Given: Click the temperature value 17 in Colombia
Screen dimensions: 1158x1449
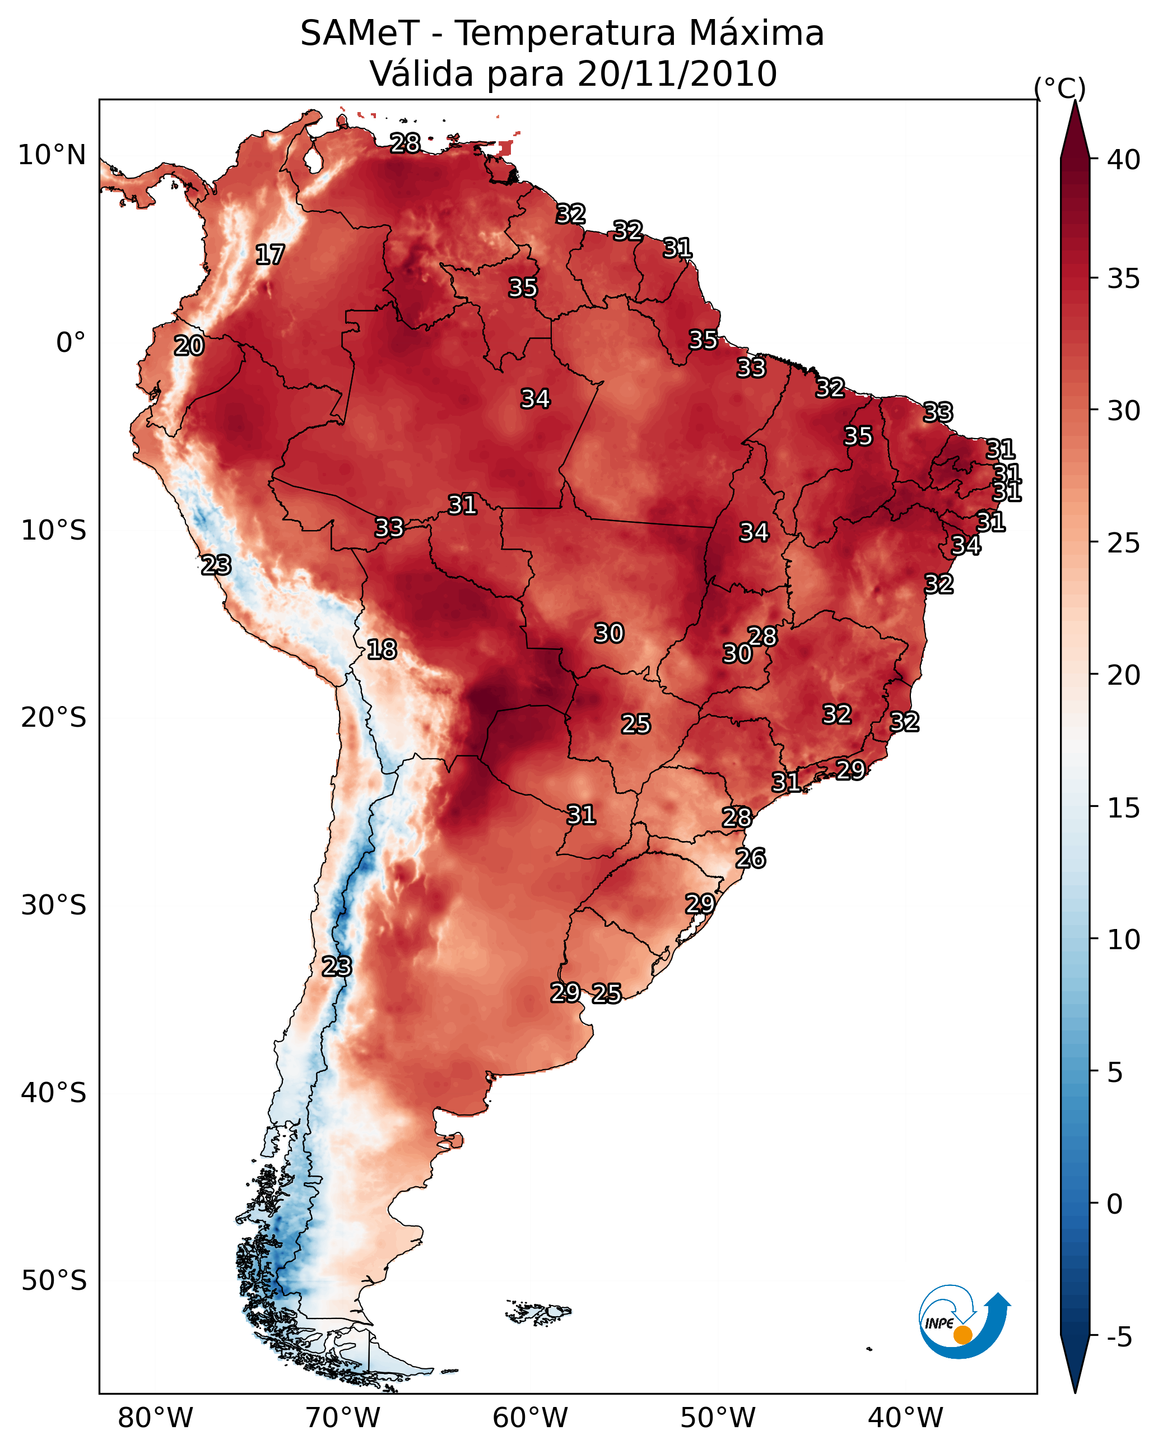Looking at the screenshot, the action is [x=270, y=255].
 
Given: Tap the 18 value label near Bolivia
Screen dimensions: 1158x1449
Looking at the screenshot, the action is [x=382, y=649].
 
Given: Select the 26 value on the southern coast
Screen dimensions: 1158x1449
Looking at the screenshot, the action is [x=750, y=858].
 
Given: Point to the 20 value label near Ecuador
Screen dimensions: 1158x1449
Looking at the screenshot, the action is [x=189, y=346].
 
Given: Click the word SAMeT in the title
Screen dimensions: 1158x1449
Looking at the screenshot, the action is [x=360, y=34].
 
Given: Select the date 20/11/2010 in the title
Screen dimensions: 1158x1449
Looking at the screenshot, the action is [x=677, y=74].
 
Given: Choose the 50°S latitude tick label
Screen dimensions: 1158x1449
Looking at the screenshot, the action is [x=54, y=1281].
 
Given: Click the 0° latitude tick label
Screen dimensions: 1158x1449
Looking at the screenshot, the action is [x=71, y=343].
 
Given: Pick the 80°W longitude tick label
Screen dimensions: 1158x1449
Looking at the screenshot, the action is [x=155, y=1418].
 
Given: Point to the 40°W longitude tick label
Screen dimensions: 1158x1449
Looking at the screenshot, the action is [x=905, y=1418].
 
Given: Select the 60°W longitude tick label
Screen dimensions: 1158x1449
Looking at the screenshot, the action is [x=531, y=1418].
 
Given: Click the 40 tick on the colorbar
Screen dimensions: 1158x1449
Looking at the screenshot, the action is [x=1123, y=160].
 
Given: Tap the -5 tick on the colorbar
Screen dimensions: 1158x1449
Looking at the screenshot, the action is [x=1120, y=1337].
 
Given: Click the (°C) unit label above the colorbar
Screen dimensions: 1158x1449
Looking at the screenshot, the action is [x=1059, y=88].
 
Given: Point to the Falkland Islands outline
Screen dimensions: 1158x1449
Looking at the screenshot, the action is [x=538, y=1311].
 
